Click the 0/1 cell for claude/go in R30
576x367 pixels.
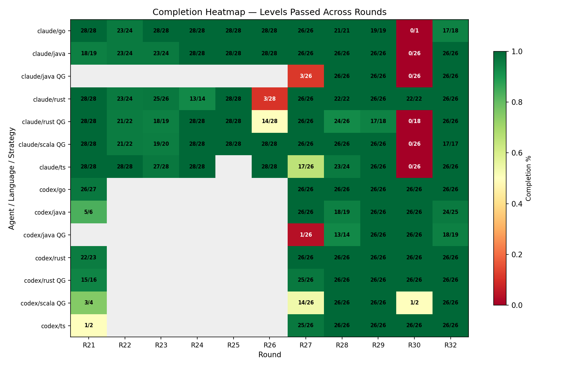(x=414, y=31)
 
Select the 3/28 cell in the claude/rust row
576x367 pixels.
(x=269, y=99)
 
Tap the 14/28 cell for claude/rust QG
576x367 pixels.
(x=269, y=121)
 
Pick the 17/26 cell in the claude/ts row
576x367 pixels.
(x=306, y=167)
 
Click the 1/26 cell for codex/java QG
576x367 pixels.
(x=306, y=235)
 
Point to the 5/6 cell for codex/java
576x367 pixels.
(x=89, y=212)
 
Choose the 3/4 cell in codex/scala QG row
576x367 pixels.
(x=89, y=303)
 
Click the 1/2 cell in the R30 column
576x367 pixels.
(x=414, y=303)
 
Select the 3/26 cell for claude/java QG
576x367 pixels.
(x=306, y=76)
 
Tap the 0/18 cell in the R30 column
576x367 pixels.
(x=414, y=121)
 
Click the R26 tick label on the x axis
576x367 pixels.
(x=269, y=345)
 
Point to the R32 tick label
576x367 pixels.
(x=450, y=345)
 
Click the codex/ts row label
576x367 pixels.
(x=53, y=326)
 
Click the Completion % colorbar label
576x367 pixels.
(x=528, y=178)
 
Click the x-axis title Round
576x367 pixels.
(x=269, y=355)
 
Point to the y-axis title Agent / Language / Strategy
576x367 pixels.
(x=12, y=178)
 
